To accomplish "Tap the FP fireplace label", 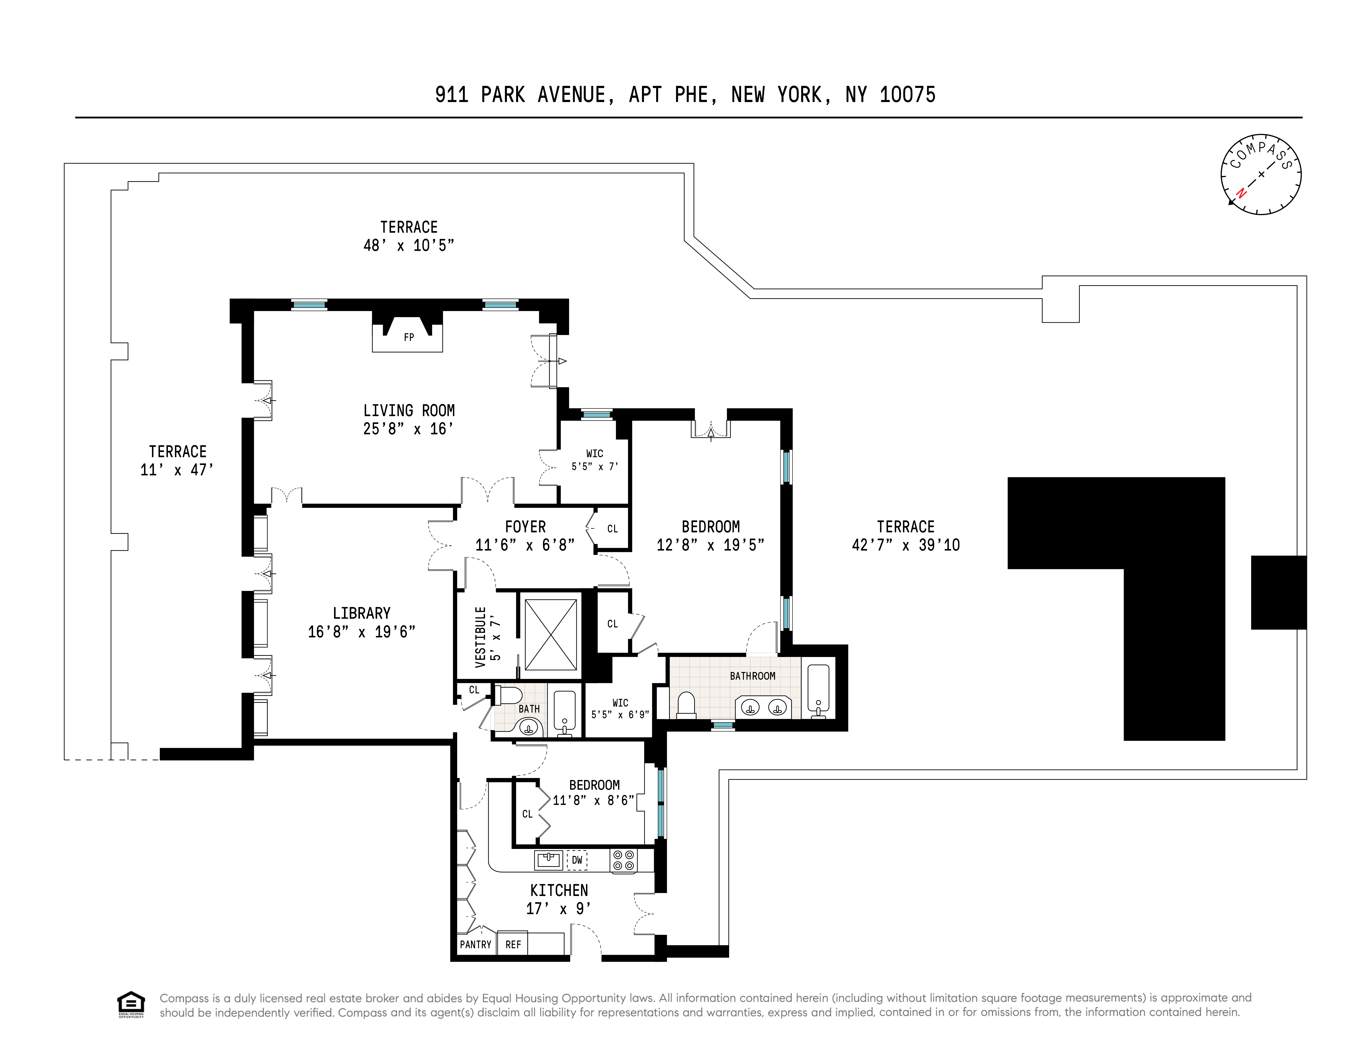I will [x=409, y=337].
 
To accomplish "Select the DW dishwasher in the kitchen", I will [x=577, y=860].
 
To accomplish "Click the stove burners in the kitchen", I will [x=623, y=860].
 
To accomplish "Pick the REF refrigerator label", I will [x=513, y=945].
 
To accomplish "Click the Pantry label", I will [x=475, y=945].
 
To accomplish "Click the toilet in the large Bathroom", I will [x=687, y=705].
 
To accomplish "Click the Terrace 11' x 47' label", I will [x=178, y=460].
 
